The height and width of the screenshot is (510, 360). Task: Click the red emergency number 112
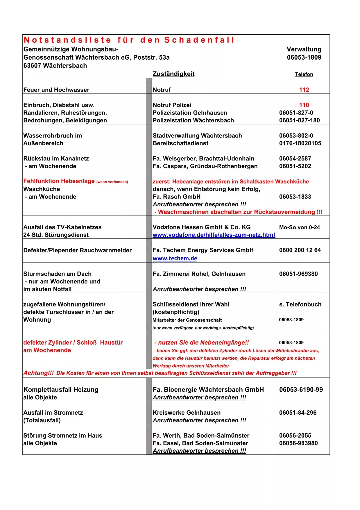[x=304, y=90]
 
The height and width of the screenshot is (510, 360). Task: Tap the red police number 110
[x=304, y=105]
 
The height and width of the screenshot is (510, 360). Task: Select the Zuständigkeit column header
[x=173, y=74]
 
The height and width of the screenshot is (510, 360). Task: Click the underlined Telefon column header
[x=304, y=74]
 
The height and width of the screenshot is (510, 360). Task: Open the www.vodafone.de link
[x=214, y=235]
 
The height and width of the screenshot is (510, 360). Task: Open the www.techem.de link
[x=175, y=258]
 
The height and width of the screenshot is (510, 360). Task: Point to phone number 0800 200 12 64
[x=300, y=250]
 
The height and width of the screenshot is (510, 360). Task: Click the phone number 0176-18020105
[x=300, y=143]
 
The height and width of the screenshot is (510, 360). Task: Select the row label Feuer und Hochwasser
[x=56, y=90]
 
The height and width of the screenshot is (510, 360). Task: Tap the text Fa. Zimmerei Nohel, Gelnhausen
[x=199, y=274]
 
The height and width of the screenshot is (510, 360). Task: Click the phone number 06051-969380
[x=298, y=274]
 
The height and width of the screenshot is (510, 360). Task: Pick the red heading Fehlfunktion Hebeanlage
[x=59, y=181]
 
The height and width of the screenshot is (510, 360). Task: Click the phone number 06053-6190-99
[x=301, y=390]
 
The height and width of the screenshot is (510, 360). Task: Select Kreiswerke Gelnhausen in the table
[x=187, y=413]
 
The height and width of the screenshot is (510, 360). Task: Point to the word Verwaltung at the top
[x=304, y=49]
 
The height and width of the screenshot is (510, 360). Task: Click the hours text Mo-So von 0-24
[x=299, y=227]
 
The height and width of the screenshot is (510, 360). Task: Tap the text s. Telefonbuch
[x=300, y=304]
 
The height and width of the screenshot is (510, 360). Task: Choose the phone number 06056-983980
[x=298, y=443]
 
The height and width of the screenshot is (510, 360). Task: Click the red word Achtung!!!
[x=39, y=373]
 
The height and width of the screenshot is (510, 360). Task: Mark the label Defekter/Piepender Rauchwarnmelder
[x=77, y=250]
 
